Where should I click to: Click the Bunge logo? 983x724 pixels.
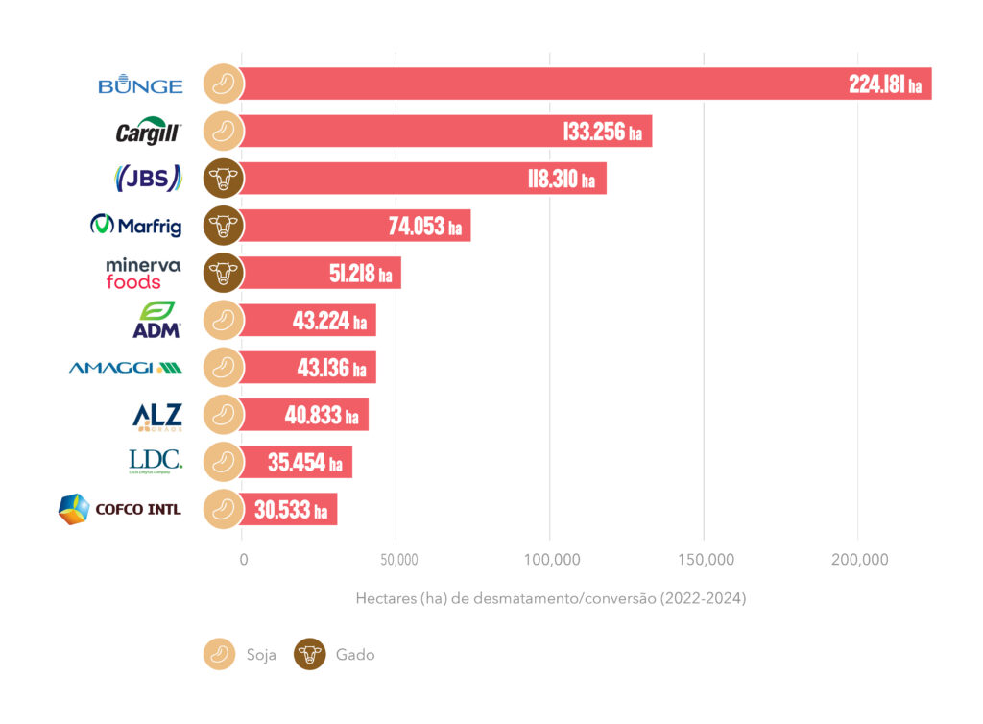pos(140,84)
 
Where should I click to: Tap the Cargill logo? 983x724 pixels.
pos(148,132)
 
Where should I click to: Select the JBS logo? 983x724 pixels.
pos(147,179)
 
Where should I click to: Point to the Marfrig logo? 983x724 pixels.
pos(136,226)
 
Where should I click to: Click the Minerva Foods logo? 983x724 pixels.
pos(143,273)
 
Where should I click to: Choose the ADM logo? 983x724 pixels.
pos(156,320)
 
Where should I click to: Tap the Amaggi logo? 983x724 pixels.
pos(125,367)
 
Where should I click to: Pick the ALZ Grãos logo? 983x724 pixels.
pos(156,415)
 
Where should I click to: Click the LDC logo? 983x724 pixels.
pos(155,461)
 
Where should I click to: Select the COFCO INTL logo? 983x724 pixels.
pos(120,509)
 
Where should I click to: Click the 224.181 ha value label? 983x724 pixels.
pos(884,84)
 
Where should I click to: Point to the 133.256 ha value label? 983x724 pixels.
pos(602,132)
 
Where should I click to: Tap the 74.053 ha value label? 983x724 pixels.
pos(424,227)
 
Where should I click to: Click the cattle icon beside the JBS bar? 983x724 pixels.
pos(224,179)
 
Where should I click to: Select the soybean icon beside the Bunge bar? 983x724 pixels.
pos(224,84)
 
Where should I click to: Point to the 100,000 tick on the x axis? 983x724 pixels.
pos(550,560)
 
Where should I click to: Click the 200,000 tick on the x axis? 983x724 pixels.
pos(858,560)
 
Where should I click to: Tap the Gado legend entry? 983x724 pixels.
pos(336,655)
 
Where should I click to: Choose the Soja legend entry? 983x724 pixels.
pos(240,655)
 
